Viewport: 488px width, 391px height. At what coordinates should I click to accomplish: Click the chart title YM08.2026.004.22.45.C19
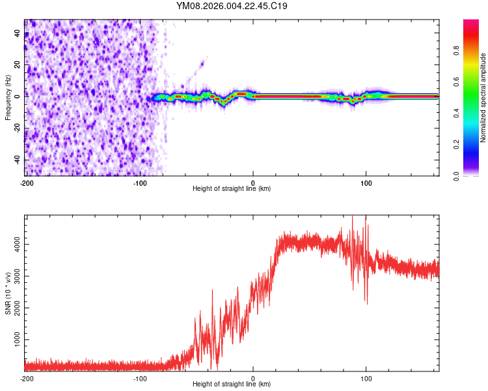(x=232, y=7)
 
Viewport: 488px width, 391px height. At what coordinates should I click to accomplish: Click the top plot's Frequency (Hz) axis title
(x=8, y=97)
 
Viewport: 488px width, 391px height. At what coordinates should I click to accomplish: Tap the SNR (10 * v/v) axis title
(x=8, y=293)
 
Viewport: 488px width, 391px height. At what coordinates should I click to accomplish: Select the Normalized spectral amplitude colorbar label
(x=483, y=98)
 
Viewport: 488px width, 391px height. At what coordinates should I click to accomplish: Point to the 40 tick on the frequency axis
(x=17, y=33)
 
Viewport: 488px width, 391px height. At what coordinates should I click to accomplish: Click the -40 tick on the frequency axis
(x=17, y=160)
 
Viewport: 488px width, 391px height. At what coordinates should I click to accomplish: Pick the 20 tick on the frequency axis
(x=17, y=65)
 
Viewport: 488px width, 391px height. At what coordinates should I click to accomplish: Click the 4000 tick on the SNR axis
(x=17, y=244)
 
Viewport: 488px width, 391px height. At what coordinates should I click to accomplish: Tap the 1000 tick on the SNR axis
(x=17, y=340)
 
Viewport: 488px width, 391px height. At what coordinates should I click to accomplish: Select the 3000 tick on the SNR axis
(x=17, y=276)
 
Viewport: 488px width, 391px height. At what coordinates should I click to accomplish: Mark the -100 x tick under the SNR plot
(x=140, y=379)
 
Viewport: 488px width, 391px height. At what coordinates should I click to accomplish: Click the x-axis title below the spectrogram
(x=232, y=189)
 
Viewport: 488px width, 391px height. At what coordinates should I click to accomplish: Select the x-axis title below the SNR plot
(x=232, y=384)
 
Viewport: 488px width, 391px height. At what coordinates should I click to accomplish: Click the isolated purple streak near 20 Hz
(x=202, y=63)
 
